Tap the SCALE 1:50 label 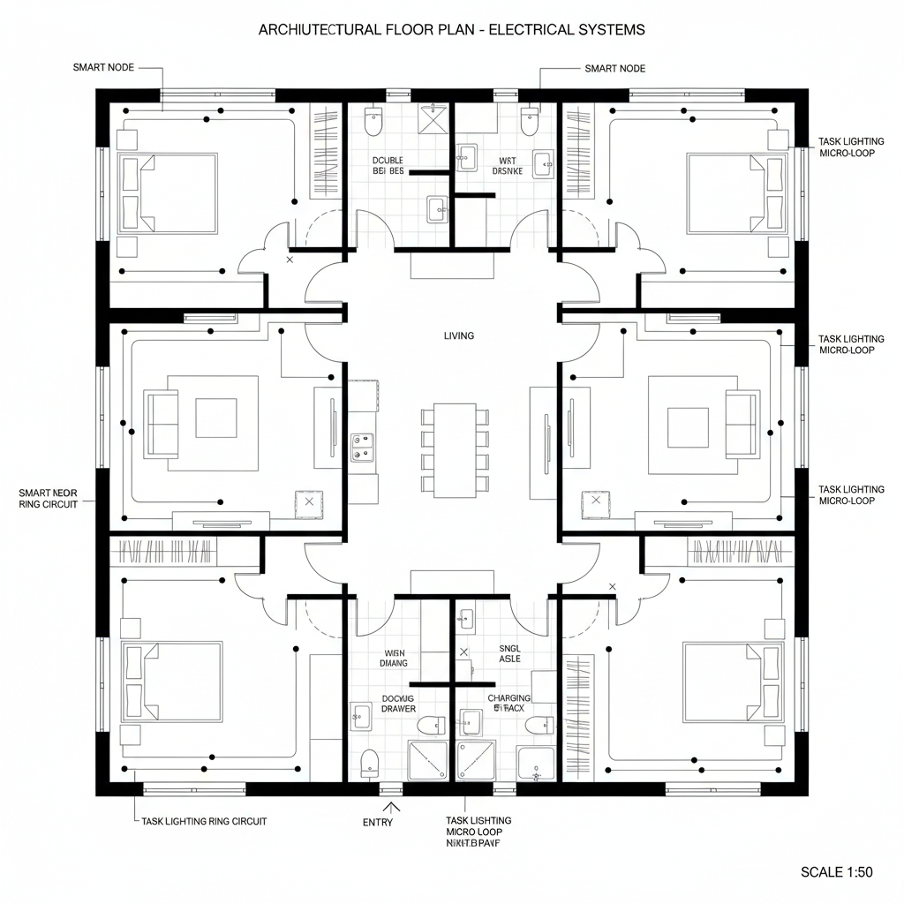[836, 872]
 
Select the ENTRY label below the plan [378, 823]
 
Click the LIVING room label [459, 335]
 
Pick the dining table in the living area [456, 448]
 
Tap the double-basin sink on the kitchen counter [361, 448]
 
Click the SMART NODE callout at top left [103, 68]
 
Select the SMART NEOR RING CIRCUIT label [48, 498]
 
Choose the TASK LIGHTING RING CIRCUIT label [204, 821]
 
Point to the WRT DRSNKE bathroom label [507, 166]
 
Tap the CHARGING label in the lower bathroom [509, 698]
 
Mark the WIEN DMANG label [394, 658]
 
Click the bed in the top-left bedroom [168, 193]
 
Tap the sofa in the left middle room [161, 425]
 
